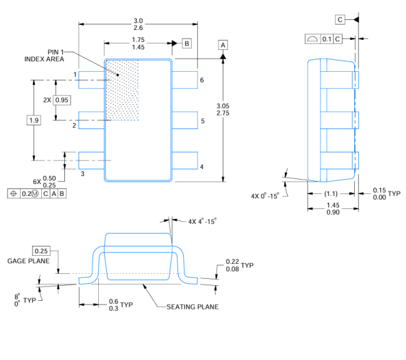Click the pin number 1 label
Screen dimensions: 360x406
75,75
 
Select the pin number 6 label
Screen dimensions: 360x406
202,80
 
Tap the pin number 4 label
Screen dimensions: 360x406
202,167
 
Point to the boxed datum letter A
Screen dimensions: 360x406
223,44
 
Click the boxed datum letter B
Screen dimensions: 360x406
186,43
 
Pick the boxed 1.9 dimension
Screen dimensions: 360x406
34,120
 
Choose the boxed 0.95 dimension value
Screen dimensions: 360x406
62,100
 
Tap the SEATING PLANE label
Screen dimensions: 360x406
192,306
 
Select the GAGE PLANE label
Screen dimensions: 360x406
29,261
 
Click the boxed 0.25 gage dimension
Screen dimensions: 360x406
41,250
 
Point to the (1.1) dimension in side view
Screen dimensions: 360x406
331,193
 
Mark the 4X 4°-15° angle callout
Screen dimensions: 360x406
202,221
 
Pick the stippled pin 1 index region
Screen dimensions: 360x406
122,90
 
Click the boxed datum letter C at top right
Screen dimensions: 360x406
340,19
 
